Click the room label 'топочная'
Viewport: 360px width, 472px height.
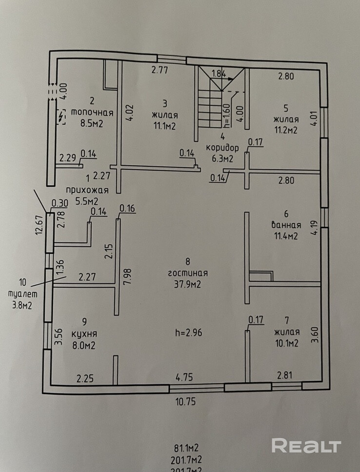click(92, 113)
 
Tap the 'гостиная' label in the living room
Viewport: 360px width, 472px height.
click(188, 273)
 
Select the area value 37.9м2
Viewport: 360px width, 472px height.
click(187, 284)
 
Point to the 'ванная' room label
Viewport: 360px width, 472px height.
click(286, 225)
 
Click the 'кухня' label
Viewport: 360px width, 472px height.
click(84, 334)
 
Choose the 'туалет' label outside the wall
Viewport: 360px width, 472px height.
click(22, 294)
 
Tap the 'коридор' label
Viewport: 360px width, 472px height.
click(222, 148)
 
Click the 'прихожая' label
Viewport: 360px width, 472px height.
click(87, 190)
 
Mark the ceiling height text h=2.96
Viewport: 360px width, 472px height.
click(189, 333)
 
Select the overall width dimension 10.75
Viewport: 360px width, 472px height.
click(185, 402)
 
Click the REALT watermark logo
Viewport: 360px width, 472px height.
click(306, 446)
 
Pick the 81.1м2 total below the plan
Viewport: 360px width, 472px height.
click(186, 448)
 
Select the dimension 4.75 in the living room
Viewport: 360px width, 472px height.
click(184, 377)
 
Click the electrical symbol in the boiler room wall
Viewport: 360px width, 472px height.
click(62, 116)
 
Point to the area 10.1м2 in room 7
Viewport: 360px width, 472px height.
click(286, 343)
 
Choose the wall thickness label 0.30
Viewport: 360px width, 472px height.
click(60, 203)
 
